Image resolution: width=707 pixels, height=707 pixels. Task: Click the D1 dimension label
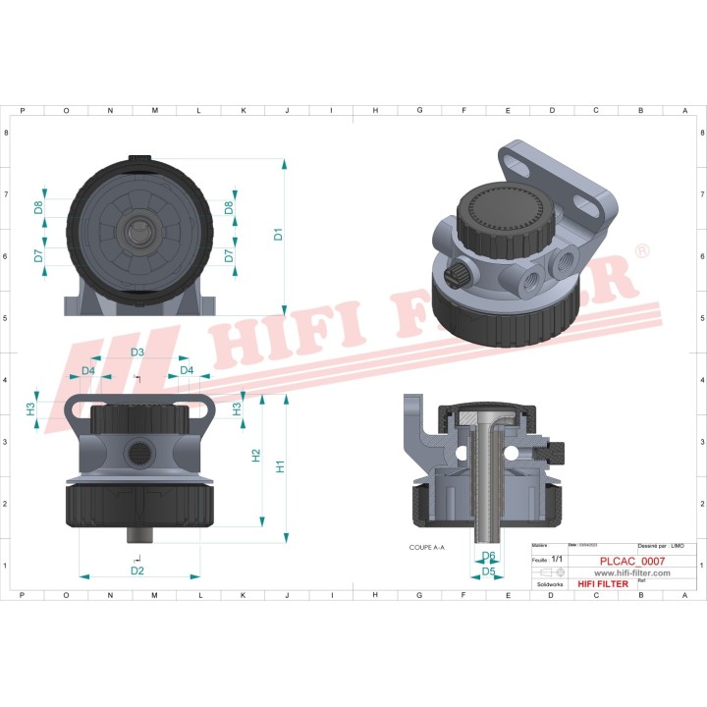point(278,235)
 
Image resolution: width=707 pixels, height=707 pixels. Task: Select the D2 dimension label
point(137,571)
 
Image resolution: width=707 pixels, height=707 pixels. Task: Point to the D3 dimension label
point(137,352)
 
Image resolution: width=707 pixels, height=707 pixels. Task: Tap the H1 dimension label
point(280,467)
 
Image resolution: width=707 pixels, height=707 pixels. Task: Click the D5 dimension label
point(488,571)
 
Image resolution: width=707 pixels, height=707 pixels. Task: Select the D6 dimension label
point(488,556)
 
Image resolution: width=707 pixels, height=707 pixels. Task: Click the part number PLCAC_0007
point(631,562)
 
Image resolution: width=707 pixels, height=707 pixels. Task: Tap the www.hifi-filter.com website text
point(631,572)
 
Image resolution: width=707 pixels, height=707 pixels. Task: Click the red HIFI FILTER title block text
point(602,584)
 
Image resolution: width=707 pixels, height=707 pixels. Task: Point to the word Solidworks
point(545,583)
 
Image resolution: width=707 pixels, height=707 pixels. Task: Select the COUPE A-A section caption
point(427,547)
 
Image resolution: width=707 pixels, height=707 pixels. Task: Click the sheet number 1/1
point(557,559)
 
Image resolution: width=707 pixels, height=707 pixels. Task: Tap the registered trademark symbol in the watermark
point(641,252)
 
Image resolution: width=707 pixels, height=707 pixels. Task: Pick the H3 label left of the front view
point(31,408)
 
